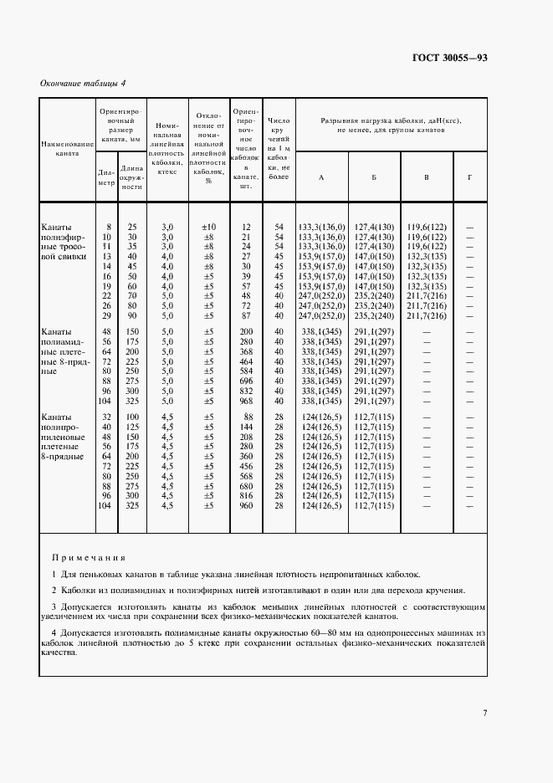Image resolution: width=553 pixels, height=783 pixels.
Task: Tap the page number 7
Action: coord(484,714)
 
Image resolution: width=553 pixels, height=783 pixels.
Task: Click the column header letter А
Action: coord(321,177)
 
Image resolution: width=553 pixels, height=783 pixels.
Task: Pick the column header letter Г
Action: coord(469,177)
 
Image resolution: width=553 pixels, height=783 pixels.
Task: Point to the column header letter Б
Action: coord(373,177)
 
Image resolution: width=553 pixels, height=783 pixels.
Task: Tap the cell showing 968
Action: coord(246,401)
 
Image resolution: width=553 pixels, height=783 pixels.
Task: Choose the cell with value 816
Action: coord(246,495)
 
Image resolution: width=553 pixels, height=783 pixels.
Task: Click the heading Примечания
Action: coord(88,556)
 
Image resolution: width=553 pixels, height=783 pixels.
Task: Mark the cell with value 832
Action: coord(246,391)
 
